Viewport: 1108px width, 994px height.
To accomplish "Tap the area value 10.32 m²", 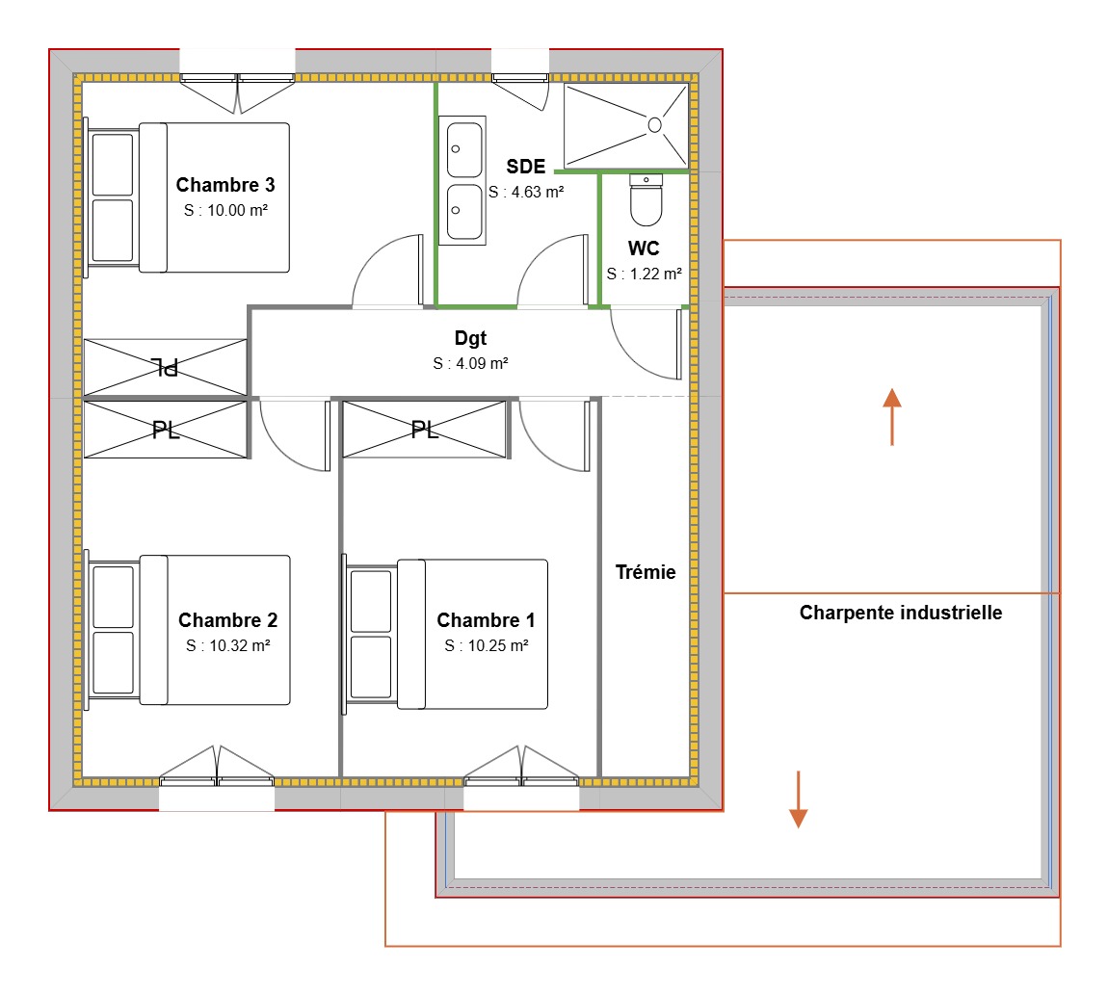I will pyautogui.click(x=227, y=646).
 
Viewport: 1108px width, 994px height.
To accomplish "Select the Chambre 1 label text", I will pyautogui.click(x=486, y=620).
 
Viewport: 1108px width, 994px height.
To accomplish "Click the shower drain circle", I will pyautogui.click(x=655, y=124).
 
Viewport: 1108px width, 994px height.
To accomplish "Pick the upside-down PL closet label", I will pyautogui.click(x=166, y=366).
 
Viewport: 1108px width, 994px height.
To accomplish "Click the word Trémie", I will pyautogui.click(x=646, y=572).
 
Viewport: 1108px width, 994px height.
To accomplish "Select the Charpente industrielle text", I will pyautogui.click(x=901, y=613).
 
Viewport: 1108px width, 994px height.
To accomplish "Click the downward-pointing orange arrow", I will pyautogui.click(x=798, y=799).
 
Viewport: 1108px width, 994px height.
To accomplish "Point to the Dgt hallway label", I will pyautogui.click(x=470, y=339).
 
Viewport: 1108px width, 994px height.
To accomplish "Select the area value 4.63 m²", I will pyautogui.click(x=526, y=192).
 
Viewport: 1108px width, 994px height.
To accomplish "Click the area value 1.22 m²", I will pyautogui.click(x=645, y=274).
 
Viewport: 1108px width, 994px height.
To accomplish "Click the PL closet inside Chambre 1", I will pyautogui.click(x=424, y=430).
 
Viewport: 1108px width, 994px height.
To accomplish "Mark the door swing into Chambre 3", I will pyautogui.click(x=385, y=275).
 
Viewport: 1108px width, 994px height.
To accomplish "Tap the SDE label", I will pyautogui.click(x=526, y=166).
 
